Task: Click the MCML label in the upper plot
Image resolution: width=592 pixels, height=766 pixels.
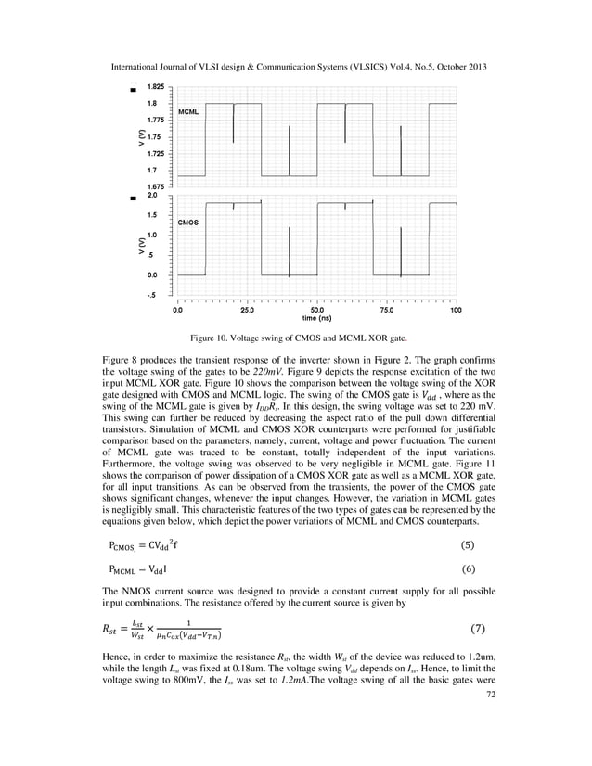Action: coord(187,110)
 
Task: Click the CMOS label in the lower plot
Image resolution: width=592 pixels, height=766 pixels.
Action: coord(187,223)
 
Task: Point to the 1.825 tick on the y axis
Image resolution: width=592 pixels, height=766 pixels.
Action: coord(156,85)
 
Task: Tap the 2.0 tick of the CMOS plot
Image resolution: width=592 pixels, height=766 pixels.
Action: coord(152,196)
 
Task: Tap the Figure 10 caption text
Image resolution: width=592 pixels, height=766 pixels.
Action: coord(296,338)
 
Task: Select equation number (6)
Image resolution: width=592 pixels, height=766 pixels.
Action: coord(479,567)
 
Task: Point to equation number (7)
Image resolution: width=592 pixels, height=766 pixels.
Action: coord(479,629)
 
